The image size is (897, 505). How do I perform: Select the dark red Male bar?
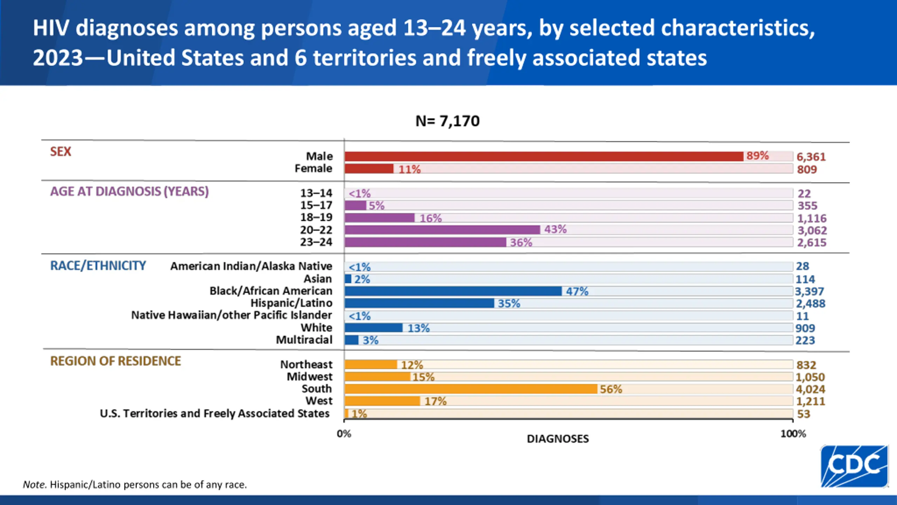click(543, 156)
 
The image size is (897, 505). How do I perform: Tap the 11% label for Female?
click(409, 169)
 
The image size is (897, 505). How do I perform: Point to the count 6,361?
click(811, 157)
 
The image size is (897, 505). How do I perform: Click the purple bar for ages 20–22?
click(442, 230)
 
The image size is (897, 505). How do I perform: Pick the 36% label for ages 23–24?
click(521, 242)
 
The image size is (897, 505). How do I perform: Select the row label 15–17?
click(316, 205)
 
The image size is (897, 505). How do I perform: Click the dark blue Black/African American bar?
click(453, 291)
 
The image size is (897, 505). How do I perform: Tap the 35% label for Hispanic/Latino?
click(509, 303)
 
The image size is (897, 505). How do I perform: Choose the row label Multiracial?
click(304, 340)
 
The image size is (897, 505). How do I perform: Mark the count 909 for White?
click(805, 328)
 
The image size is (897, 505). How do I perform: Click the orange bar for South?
click(471, 389)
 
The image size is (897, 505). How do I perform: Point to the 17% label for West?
click(435, 401)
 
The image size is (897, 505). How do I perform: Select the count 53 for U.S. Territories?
click(803, 414)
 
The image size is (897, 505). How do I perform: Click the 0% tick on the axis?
click(344, 434)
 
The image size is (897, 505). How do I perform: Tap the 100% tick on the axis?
click(793, 434)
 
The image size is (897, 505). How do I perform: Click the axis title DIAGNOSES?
click(557, 439)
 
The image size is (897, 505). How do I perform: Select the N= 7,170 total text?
click(447, 121)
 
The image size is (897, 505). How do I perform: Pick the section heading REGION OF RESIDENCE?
click(115, 361)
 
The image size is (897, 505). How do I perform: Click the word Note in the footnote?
click(34, 485)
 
